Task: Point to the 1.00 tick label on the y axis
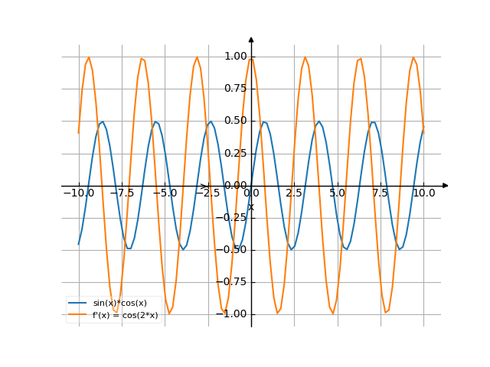coord(236,56)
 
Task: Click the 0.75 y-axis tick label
coord(236,88)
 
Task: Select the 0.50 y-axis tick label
coord(236,120)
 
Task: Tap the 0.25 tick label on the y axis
coord(236,153)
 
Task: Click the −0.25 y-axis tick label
coord(234,217)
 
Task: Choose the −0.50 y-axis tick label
coord(234,249)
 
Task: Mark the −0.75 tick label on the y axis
coord(234,281)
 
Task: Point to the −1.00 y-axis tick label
coord(234,313)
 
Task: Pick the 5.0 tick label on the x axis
coord(338,193)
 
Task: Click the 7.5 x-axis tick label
coord(381,193)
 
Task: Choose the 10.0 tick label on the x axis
coord(423,193)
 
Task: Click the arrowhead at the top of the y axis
coord(251,39)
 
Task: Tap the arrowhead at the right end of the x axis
coord(446,185)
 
